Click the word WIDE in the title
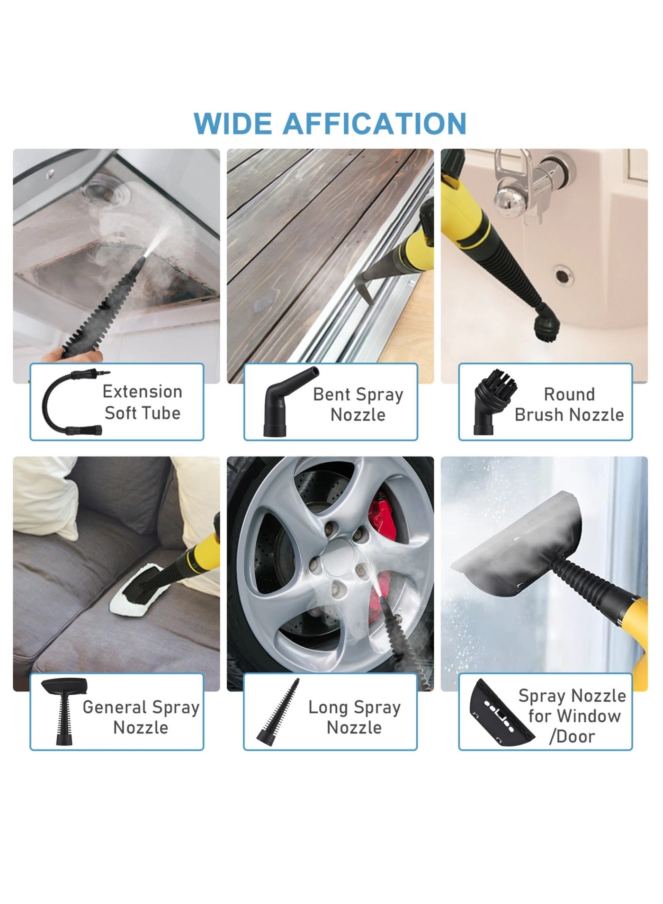coord(233,124)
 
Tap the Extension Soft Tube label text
coord(143,403)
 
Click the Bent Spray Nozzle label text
coord(358,404)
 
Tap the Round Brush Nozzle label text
coord(569,404)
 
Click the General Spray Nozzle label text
coord(141,717)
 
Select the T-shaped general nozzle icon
coord(64,710)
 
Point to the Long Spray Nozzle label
coord(354,717)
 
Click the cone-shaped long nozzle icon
coord(279,713)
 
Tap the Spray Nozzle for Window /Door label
coord(572,716)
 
